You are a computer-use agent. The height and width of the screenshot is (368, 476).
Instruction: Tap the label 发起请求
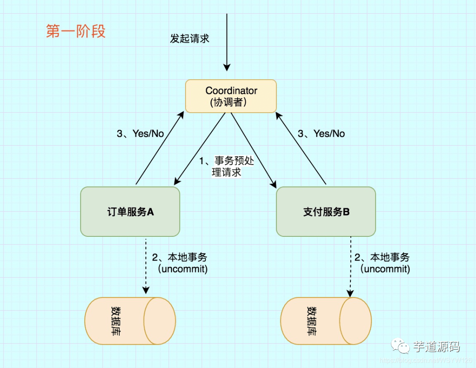point(190,39)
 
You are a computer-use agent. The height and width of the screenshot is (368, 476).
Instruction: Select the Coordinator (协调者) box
point(231,96)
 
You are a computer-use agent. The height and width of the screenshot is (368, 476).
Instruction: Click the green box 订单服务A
point(130,212)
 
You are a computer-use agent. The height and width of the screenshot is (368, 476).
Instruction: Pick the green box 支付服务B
point(326,212)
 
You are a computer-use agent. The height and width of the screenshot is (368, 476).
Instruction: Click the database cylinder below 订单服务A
point(130,320)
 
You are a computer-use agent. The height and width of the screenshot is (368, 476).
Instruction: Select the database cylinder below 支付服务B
point(326,321)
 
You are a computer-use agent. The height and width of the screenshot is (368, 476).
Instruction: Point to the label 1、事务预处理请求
point(227,166)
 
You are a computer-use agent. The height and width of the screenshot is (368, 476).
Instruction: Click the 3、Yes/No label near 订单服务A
point(140,134)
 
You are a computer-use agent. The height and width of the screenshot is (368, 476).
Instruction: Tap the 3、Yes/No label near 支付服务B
point(321,134)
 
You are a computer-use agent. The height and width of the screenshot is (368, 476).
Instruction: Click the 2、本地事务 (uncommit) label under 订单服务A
point(180,263)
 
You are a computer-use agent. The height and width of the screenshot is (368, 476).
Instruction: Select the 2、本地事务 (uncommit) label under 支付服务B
point(383,263)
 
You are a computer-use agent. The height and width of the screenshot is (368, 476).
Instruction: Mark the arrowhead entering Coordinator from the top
point(227,67)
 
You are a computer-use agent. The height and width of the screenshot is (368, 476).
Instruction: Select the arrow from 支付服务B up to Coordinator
point(301,148)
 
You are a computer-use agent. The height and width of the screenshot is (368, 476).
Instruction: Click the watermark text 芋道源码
point(436,346)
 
